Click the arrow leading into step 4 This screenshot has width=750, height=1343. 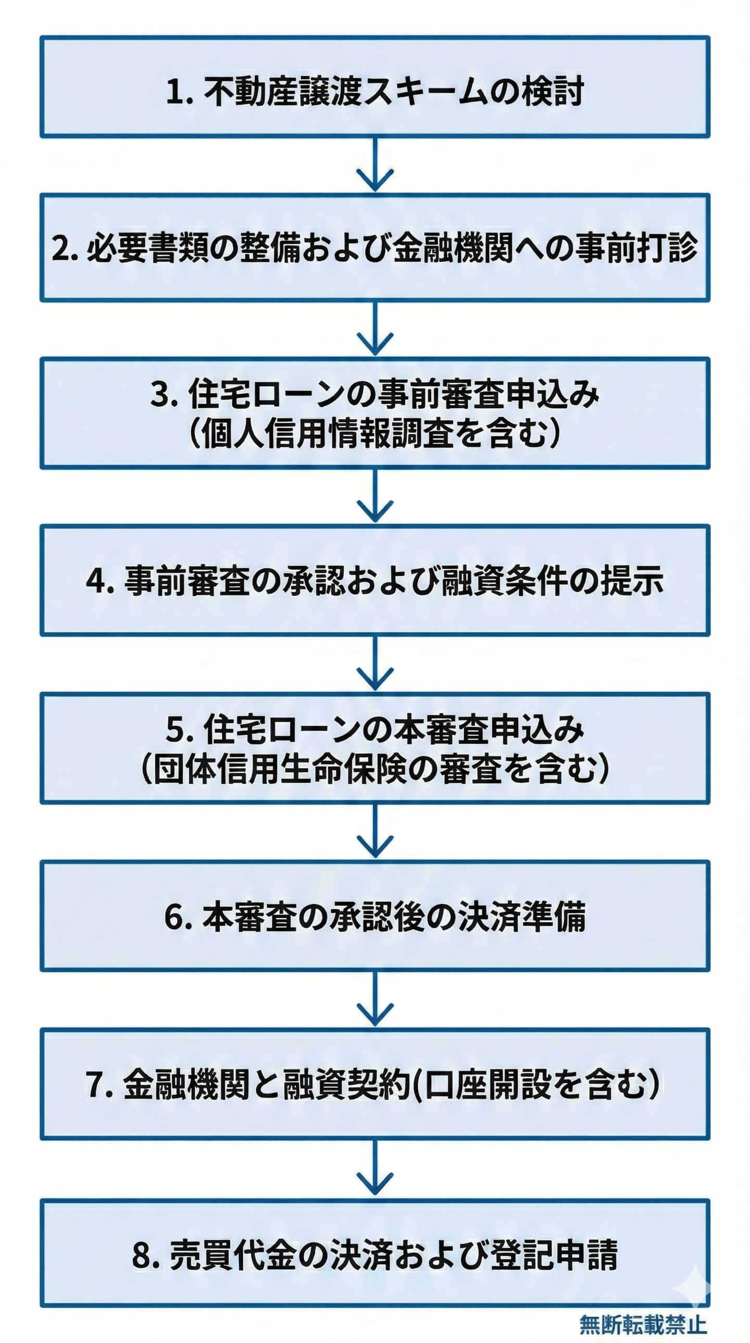[x=375, y=496]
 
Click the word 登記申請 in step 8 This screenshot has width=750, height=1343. [x=554, y=1253]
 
